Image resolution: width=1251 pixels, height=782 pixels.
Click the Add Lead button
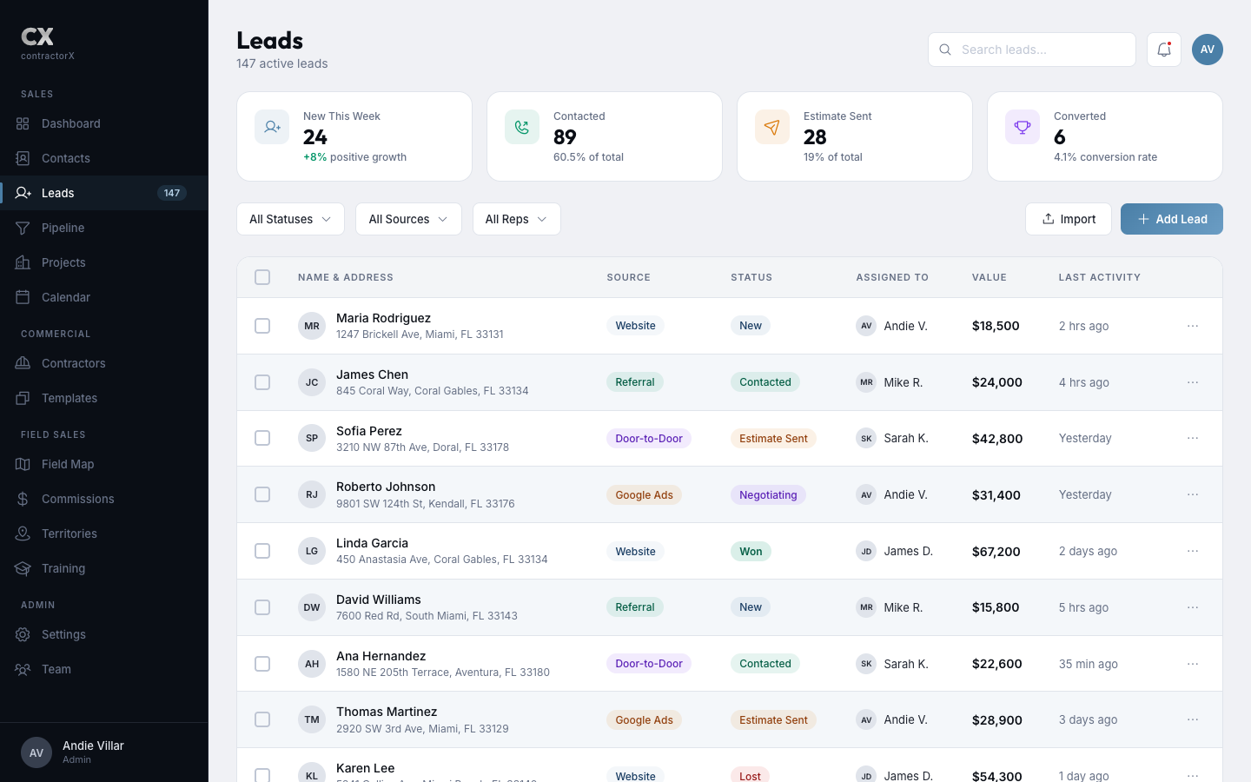1171,219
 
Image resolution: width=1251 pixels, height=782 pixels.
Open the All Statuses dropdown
290,219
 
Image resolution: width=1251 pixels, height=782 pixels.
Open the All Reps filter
516,219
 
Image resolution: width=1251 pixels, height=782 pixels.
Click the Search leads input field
1042,50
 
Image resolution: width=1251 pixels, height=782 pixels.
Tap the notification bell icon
1163,50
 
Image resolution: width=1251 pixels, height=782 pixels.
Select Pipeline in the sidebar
63,228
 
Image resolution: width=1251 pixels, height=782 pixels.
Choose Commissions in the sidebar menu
77,499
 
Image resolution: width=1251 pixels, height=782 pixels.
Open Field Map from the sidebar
67,464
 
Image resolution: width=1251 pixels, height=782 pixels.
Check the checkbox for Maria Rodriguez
262,326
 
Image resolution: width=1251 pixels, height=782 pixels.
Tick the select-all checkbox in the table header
262,277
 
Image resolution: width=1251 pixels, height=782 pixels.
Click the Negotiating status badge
768,495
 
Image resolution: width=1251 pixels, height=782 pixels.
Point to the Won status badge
751,552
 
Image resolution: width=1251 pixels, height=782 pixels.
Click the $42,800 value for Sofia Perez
996,439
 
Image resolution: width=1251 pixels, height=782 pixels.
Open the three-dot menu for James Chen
1193,382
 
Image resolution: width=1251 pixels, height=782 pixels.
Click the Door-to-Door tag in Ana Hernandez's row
648,664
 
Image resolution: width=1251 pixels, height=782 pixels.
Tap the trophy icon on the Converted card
1023,127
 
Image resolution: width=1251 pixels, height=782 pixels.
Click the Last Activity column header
1099,277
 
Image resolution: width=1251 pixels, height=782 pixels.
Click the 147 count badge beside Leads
172,193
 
